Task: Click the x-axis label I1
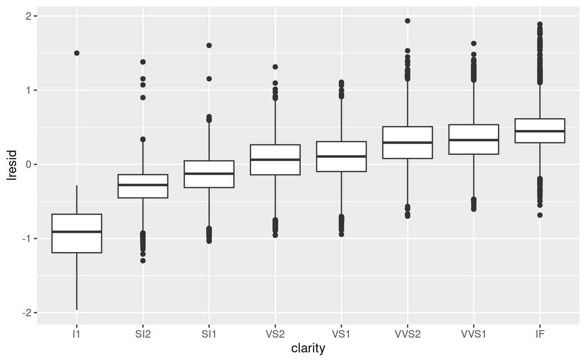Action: pyautogui.click(x=77, y=335)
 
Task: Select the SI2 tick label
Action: pyautogui.click(x=143, y=335)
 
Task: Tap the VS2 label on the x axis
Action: pyautogui.click(x=275, y=335)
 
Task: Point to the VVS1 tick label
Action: pyautogui.click(x=474, y=335)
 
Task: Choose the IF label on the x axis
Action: pyautogui.click(x=540, y=335)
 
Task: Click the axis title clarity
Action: pyautogui.click(x=308, y=348)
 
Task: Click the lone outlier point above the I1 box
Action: pyautogui.click(x=77, y=53)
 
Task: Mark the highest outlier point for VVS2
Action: pyautogui.click(x=408, y=20)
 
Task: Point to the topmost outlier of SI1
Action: pyautogui.click(x=209, y=45)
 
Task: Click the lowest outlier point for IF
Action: pyautogui.click(x=540, y=215)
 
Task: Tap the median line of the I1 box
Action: pyautogui.click(x=77, y=232)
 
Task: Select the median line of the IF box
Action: pyautogui.click(x=540, y=131)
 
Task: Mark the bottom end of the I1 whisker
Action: pyautogui.click(x=77, y=310)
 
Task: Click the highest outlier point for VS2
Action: pyautogui.click(x=275, y=67)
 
